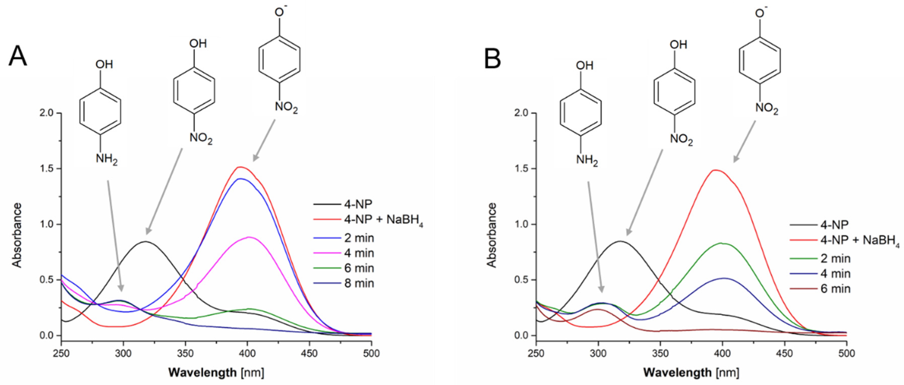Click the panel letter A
tap(18, 56)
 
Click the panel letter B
tap(492, 58)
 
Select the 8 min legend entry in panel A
tap(359, 283)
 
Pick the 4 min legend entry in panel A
tap(359, 253)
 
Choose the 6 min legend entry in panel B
tap(835, 289)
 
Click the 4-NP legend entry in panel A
tap(358, 204)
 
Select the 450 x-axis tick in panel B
tap(784, 354)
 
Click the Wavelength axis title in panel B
tap(691, 372)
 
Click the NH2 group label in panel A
tap(106, 159)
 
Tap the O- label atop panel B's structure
tap(761, 13)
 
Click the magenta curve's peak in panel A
tap(248, 237)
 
